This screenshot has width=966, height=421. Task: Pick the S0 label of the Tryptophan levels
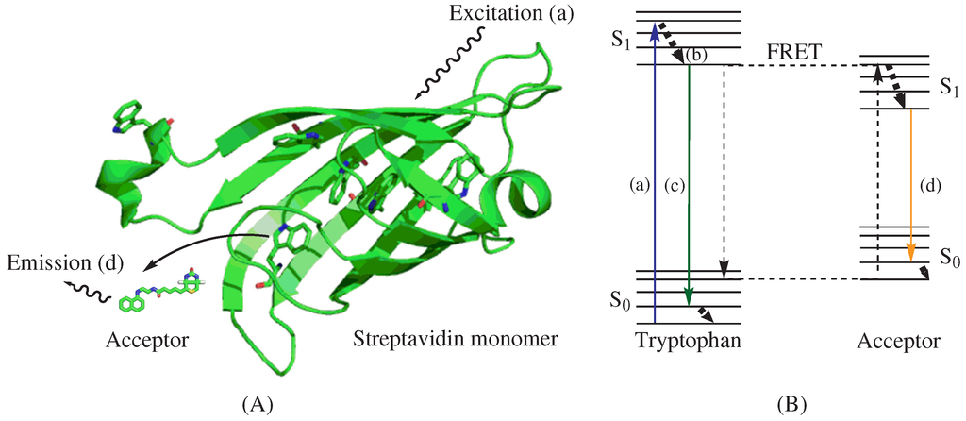point(619,305)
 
